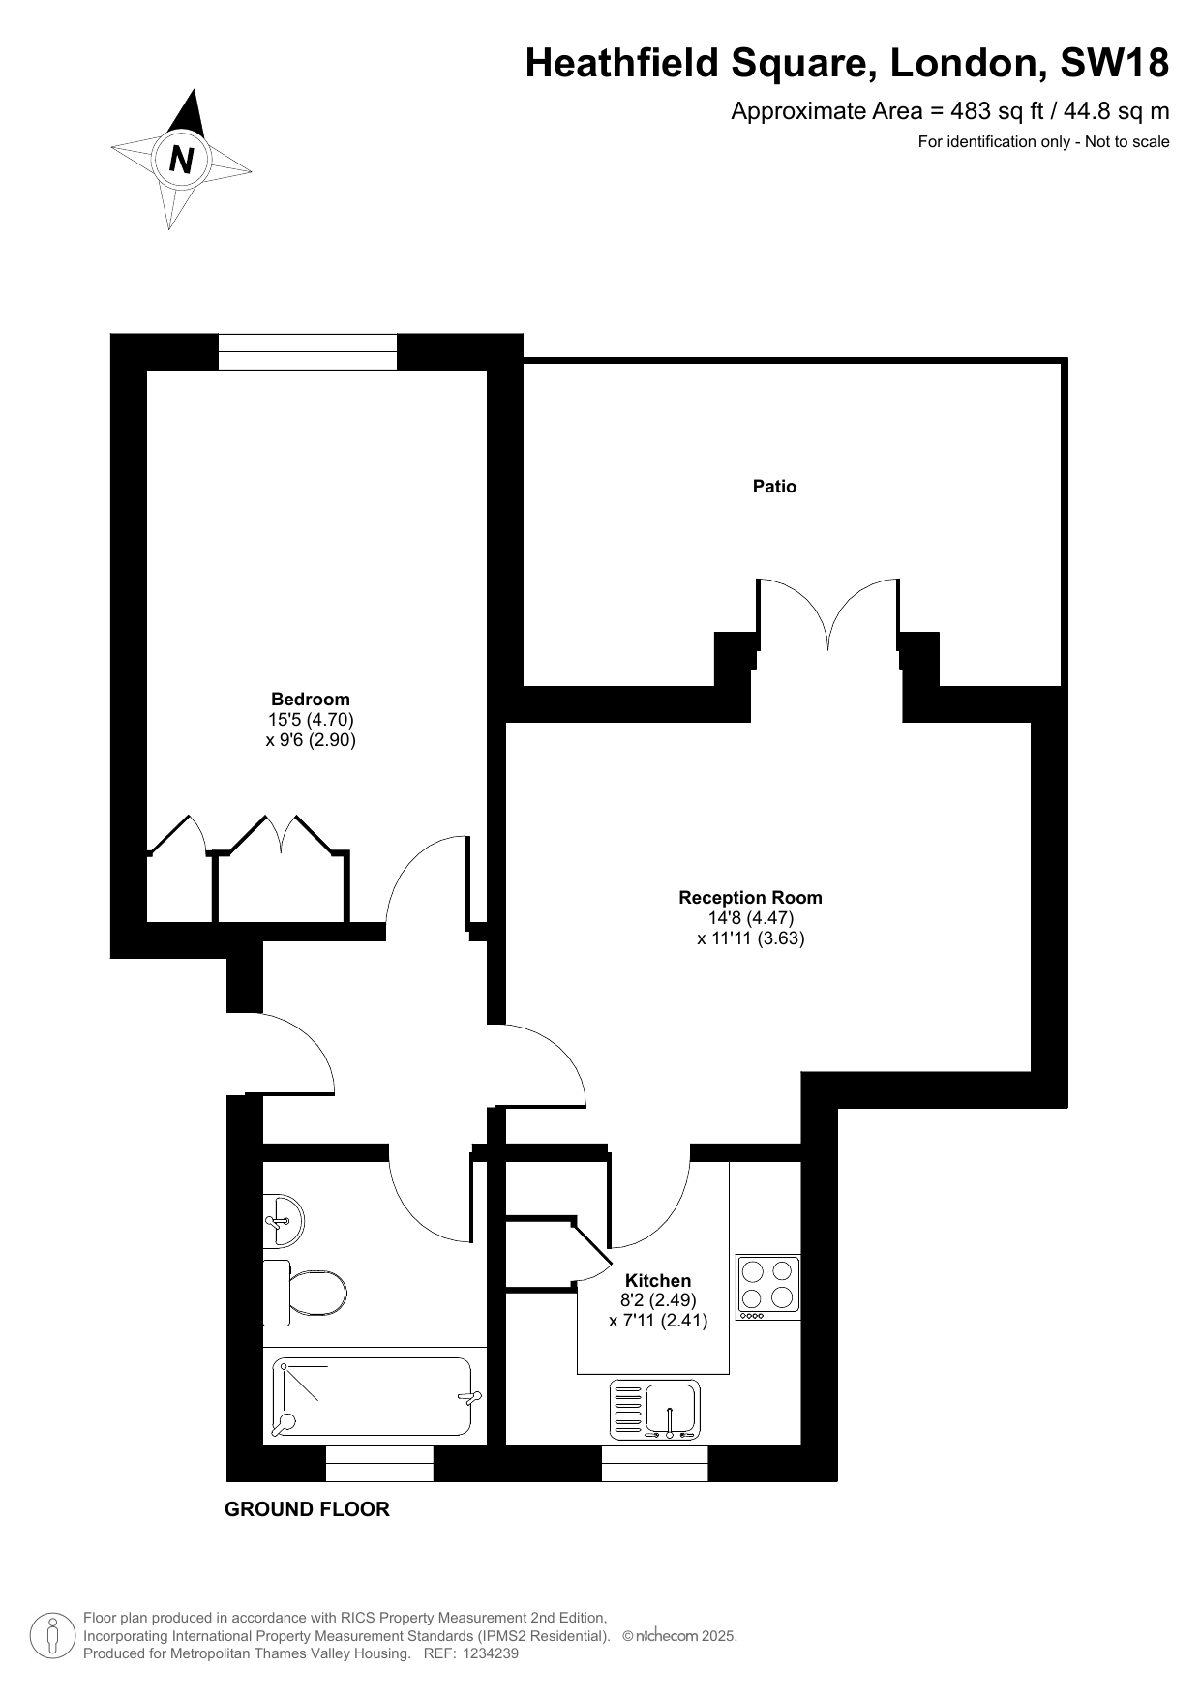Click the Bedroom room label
(311, 699)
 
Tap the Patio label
(774, 487)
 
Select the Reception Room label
(750, 898)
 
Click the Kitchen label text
(658, 1281)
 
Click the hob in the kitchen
(768, 1287)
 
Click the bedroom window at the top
(308, 352)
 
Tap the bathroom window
(379, 1464)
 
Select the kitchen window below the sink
(655, 1464)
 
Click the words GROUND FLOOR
(307, 1509)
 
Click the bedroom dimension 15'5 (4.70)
(311, 720)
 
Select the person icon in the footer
(53, 1636)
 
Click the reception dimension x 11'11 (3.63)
(751, 938)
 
